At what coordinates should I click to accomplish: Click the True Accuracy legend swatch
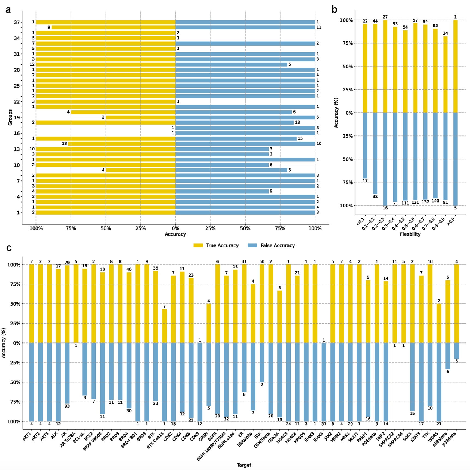(x=198, y=245)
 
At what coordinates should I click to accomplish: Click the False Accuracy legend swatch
(x=252, y=245)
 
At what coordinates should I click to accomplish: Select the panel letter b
(x=334, y=10)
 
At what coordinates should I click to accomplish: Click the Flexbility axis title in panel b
(x=410, y=234)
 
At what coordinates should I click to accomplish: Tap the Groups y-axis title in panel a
(x=10, y=117)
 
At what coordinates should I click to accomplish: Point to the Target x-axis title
(x=244, y=465)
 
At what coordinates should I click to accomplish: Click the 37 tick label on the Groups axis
(x=17, y=22)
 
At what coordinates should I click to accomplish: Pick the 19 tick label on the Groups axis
(x=17, y=117)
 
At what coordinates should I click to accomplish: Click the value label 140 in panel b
(x=435, y=201)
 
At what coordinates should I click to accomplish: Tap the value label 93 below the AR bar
(x=67, y=406)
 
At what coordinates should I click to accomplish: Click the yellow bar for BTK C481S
(x=164, y=326)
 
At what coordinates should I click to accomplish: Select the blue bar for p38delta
(x=457, y=351)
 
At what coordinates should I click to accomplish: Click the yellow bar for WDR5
(x=439, y=323)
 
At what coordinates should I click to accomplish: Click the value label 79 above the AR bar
(x=67, y=263)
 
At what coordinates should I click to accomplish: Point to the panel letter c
(x=9, y=248)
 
